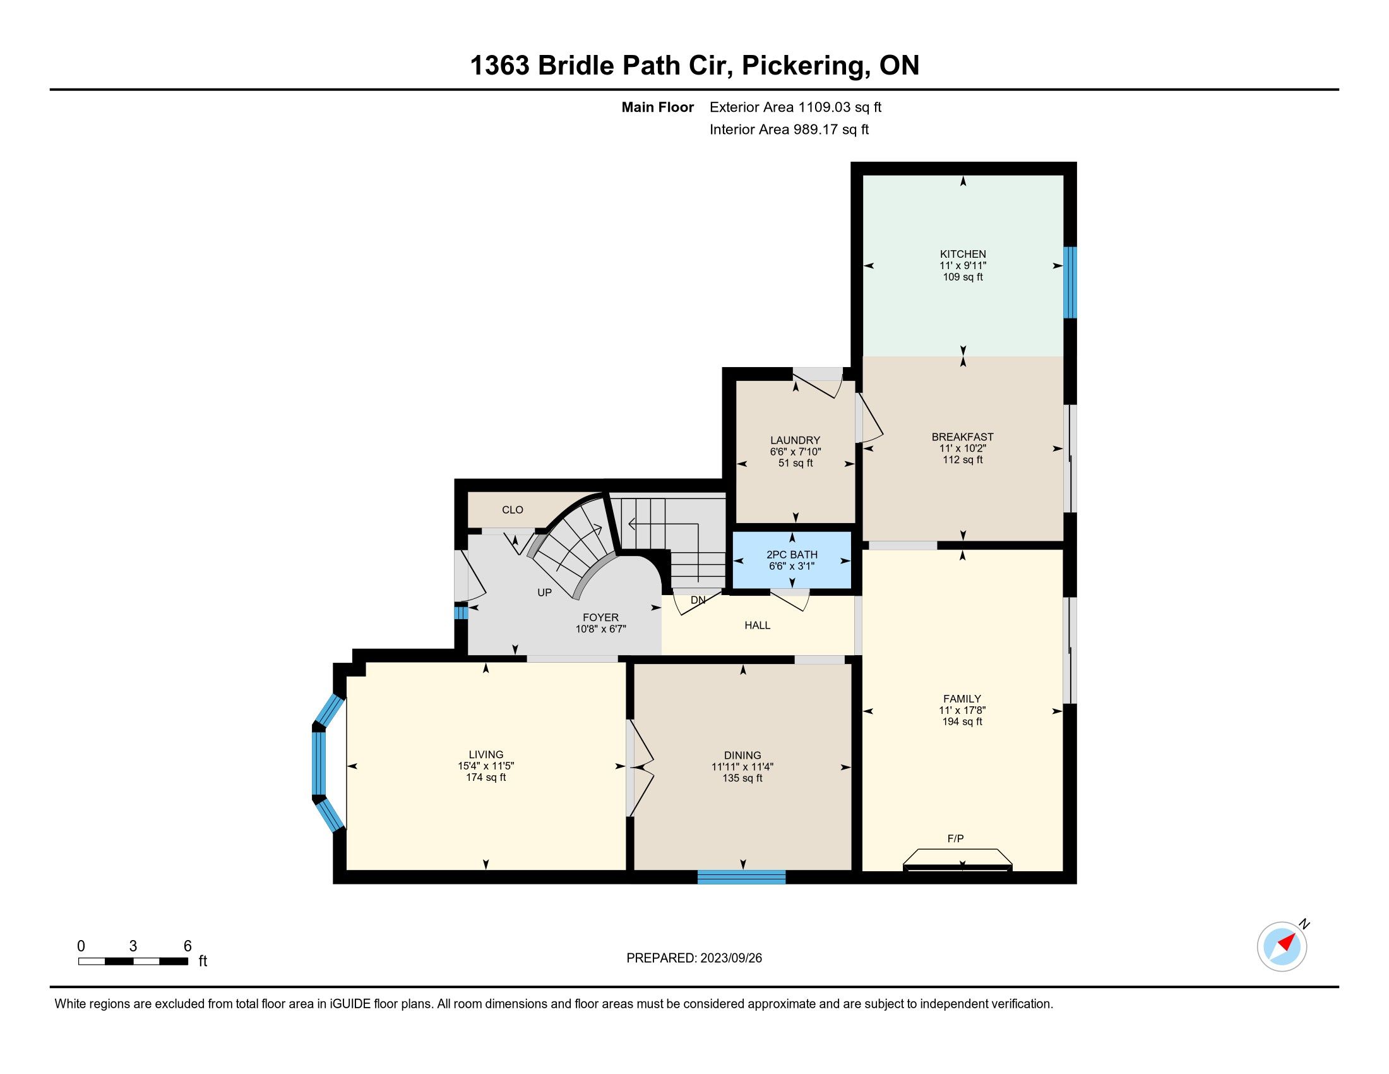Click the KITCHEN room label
963,254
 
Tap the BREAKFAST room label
962,437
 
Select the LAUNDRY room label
795,440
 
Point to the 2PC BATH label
792,555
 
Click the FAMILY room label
962,699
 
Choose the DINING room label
742,755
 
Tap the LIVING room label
486,754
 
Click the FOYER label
600,618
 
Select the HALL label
758,625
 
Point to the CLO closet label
513,510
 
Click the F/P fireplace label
955,838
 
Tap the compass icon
1283,946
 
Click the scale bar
133,961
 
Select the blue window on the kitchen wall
1070,282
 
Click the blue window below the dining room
742,878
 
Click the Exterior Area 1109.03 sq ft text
796,107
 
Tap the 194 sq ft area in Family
962,721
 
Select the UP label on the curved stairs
544,593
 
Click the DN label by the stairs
698,600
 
